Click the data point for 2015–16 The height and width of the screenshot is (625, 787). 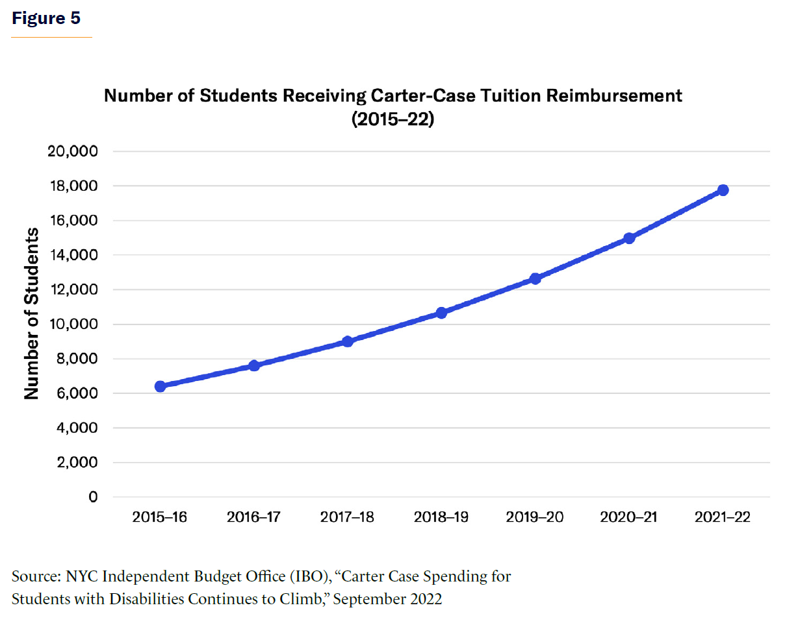tap(160, 386)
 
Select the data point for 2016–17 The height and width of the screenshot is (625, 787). tap(254, 365)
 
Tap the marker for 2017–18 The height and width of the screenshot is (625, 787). tap(348, 341)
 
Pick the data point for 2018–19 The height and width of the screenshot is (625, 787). tap(441, 313)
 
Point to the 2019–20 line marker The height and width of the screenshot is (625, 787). tap(535, 278)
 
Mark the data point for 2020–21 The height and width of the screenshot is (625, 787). tap(629, 238)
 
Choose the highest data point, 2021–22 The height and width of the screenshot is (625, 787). tap(723, 190)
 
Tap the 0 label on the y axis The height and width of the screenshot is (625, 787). tap(93, 498)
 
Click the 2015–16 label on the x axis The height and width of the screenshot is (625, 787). tap(160, 517)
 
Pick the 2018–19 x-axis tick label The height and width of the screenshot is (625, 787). tap(441, 517)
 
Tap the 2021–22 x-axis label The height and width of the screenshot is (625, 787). tap(723, 517)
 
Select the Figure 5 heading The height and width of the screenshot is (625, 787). tap(46, 18)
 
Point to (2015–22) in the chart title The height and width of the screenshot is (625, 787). tap(393, 120)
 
